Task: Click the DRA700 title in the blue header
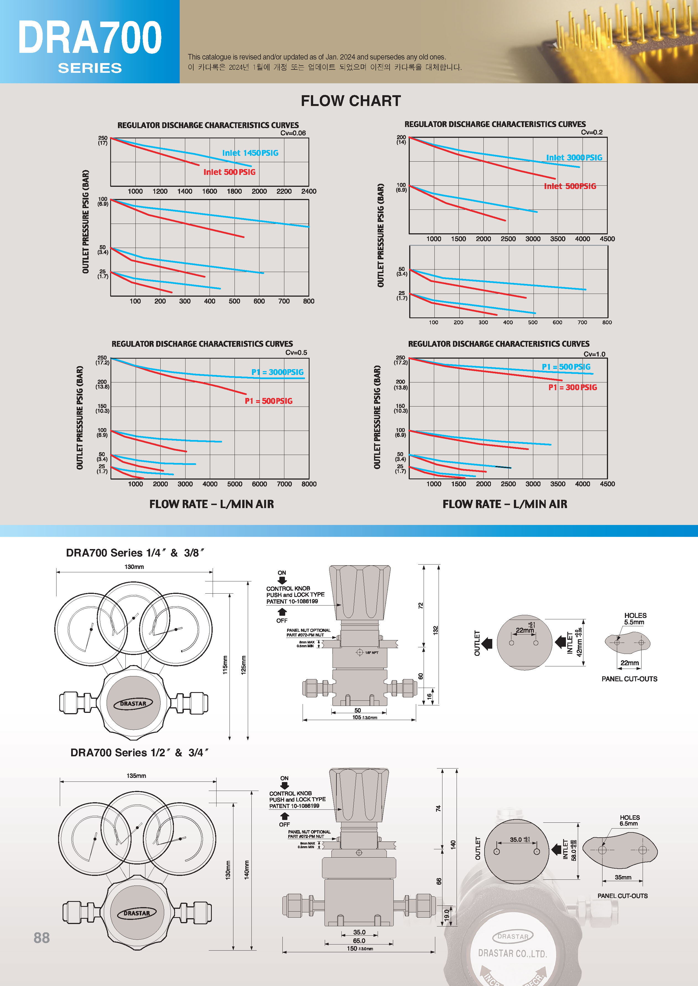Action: tap(89, 38)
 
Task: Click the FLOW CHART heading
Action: tap(351, 101)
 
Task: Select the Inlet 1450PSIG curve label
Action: tap(250, 153)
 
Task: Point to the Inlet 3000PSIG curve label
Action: tap(574, 158)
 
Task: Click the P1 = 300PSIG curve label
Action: tap(573, 387)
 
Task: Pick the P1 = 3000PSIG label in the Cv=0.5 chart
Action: tap(277, 372)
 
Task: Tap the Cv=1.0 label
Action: tap(594, 354)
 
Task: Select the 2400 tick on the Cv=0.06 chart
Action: tap(309, 191)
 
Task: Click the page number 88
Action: tap(42, 938)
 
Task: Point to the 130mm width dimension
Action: tap(134, 567)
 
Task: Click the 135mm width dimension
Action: tap(136, 775)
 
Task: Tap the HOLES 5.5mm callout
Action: tap(635, 619)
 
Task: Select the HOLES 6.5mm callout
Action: tap(629, 820)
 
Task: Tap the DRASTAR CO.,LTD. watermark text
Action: tap(512, 953)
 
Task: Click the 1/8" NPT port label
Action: tap(371, 653)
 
